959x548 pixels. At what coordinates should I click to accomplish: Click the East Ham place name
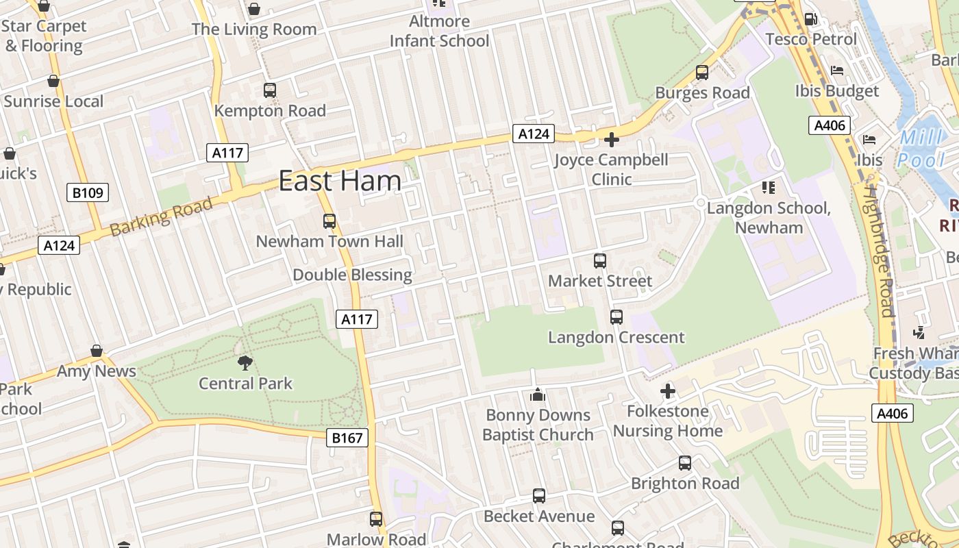coord(340,181)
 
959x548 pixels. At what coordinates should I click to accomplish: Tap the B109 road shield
coord(88,192)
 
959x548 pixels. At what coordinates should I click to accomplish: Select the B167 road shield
coord(347,438)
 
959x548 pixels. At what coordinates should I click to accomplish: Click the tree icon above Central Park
coord(245,362)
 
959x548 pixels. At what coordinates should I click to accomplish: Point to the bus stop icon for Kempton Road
coord(270,90)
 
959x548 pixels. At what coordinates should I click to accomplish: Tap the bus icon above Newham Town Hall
coord(329,221)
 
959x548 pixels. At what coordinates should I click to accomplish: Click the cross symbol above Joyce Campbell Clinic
coord(611,140)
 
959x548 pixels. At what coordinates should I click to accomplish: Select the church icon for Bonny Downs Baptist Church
coord(538,395)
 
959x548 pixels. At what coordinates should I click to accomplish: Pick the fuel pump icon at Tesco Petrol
coord(810,19)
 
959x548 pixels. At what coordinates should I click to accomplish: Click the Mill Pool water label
coord(921,149)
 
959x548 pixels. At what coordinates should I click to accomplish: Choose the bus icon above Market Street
coord(600,260)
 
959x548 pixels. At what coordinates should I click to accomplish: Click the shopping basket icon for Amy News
coord(97,351)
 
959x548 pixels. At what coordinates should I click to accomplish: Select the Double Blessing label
coord(352,275)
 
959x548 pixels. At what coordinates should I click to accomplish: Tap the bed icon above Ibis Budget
coord(836,70)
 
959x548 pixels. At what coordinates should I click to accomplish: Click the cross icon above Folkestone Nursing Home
coord(668,391)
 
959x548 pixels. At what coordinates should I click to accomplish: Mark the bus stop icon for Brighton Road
coord(685,463)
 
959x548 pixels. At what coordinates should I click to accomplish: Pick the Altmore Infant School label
coord(439,31)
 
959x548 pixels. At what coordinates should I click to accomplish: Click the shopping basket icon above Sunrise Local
coord(53,81)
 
